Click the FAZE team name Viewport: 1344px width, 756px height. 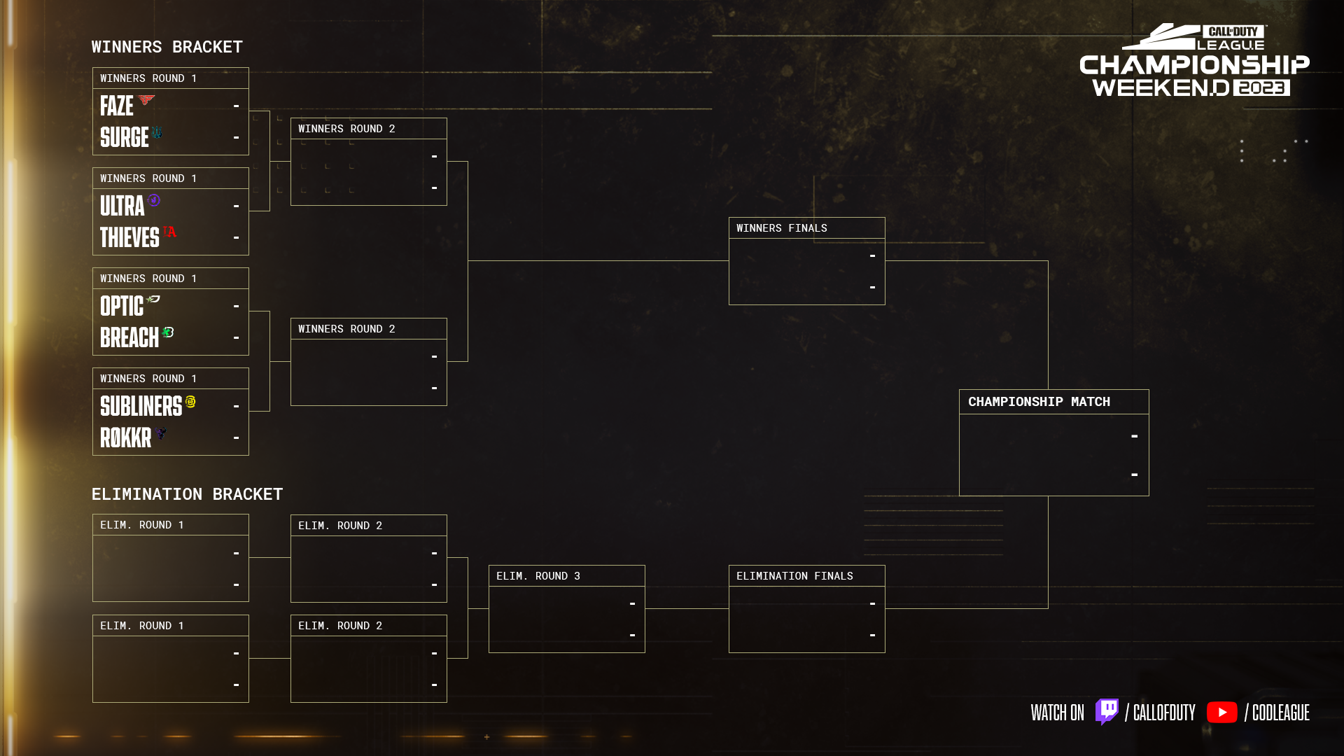click(x=116, y=106)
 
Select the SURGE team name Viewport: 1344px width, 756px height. click(x=124, y=137)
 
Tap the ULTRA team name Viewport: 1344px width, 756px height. click(x=122, y=206)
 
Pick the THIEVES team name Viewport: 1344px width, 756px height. click(x=129, y=238)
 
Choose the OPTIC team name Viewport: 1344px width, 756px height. click(x=121, y=307)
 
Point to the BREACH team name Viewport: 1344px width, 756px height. click(x=129, y=338)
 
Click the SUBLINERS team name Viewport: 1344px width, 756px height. click(x=141, y=407)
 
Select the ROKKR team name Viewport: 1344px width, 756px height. click(x=125, y=438)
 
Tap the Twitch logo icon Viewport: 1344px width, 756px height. click(x=1107, y=712)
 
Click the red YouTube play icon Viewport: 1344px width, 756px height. click(x=1221, y=713)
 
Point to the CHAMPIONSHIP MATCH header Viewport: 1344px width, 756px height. click(x=1039, y=402)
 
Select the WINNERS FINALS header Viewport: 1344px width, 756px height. click(x=781, y=228)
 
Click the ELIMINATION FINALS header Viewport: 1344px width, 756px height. click(x=794, y=576)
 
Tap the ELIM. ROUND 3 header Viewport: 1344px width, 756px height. click(x=538, y=576)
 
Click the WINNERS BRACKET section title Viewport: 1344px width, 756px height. click(x=167, y=47)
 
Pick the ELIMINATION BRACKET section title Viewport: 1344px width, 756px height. click(x=187, y=494)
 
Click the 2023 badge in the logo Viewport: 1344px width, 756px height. click(x=1261, y=87)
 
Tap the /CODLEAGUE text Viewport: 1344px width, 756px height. click(x=1277, y=713)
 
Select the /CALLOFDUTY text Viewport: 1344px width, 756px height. click(x=1160, y=713)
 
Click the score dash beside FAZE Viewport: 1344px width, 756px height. click(x=236, y=106)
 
